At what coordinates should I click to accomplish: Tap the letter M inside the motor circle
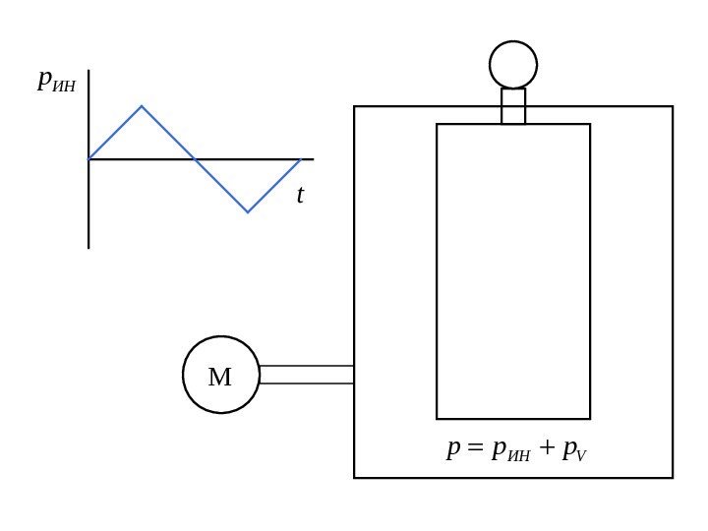[220, 377]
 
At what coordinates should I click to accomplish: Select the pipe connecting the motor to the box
[306, 375]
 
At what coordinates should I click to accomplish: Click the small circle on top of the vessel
[513, 65]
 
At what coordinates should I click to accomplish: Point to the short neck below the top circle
[513, 106]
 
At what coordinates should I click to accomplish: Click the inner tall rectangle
[513, 271]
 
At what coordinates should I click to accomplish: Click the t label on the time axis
[300, 196]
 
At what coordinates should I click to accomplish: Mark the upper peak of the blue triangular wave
[142, 106]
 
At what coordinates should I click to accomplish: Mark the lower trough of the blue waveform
[248, 211]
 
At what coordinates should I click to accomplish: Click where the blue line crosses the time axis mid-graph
[195, 159]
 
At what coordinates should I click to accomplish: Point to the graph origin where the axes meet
[88, 159]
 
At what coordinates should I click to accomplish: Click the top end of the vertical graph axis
[88, 71]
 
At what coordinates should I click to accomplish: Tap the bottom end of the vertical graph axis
[88, 248]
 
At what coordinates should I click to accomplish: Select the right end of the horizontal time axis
[313, 159]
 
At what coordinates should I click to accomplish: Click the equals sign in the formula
[476, 450]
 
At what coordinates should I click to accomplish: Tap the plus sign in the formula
[547, 450]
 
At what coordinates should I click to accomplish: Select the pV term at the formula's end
[574, 451]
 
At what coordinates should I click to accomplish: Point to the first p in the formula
[453, 451]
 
